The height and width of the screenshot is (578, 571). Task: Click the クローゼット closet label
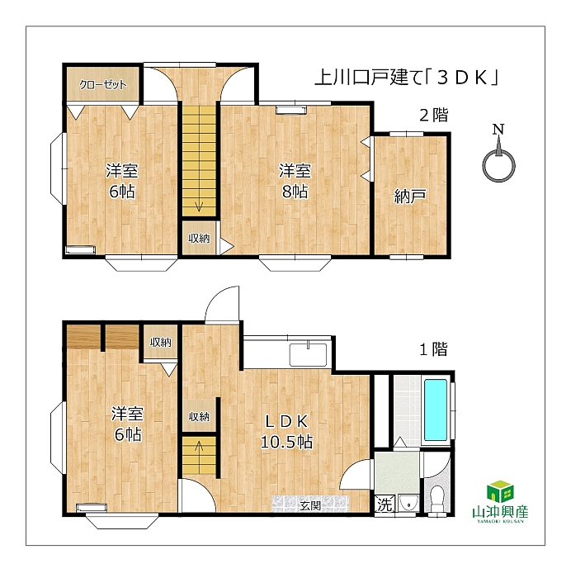(x=103, y=85)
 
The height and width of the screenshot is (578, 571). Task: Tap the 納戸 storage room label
(x=410, y=196)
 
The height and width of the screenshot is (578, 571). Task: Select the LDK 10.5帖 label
(x=286, y=431)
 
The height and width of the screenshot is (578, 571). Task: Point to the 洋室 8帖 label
(x=295, y=181)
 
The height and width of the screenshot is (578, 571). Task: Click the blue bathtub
(x=436, y=410)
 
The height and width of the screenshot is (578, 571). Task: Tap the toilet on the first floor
(x=437, y=499)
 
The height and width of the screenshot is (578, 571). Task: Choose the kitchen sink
(x=308, y=354)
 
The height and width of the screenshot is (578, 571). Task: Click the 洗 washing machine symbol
(x=385, y=505)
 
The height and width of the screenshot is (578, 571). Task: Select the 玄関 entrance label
(x=309, y=505)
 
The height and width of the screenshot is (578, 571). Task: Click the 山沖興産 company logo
(x=500, y=501)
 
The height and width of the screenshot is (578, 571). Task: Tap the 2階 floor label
(x=434, y=115)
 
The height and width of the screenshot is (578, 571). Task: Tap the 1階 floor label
(x=434, y=348)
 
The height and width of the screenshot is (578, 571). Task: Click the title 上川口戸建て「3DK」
(x=406, y=78)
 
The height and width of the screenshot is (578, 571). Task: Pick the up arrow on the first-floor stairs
(x=199, y=448)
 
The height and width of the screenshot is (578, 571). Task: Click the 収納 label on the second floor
(x=199, y=239)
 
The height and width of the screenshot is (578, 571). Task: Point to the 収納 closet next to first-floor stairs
(x=199, y=416)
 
